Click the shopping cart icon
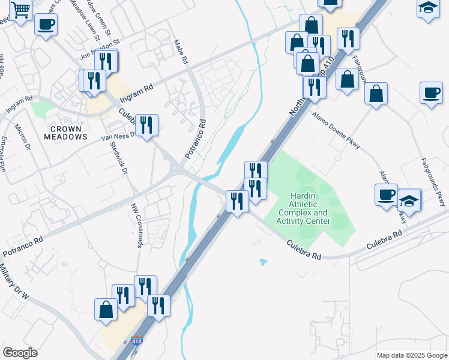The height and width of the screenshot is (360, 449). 20,10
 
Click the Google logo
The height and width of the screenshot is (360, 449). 20,353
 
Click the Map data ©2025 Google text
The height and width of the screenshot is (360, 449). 412,355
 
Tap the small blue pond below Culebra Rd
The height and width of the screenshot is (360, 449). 263,262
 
